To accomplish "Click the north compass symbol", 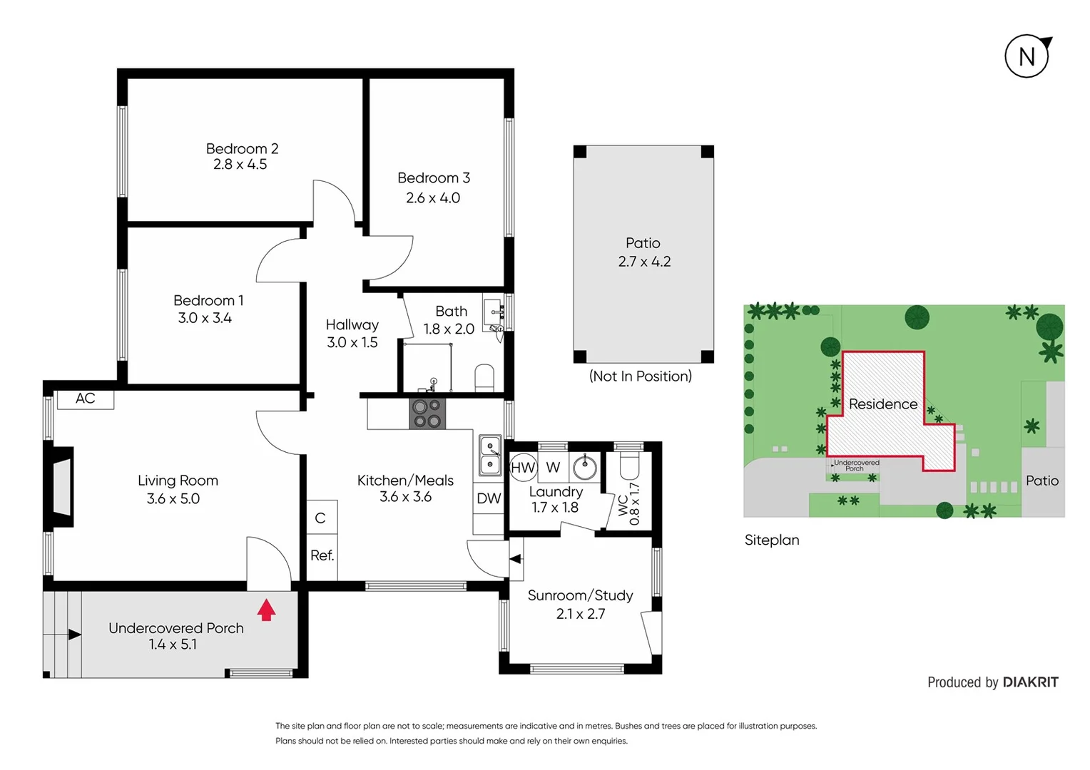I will tap(1027, 56).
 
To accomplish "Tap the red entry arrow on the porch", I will tap(266, 610).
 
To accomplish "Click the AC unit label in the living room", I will tap(86, 399).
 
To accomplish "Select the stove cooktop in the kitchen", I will tap(427, 414).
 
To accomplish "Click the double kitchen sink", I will tap(490, 455).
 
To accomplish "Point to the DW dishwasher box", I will tap(489, 498).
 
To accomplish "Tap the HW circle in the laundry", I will tap(523, 468).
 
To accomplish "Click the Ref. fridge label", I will tap(322, 555).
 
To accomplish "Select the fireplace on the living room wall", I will tap(61, 487).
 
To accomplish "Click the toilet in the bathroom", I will tap(484, 379).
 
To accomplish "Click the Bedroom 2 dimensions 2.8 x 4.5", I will tap(240, 165).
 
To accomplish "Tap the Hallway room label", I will tap(352, 325).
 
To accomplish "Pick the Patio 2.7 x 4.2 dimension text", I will tap(644, 262).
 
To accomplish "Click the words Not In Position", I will tap(640, 376).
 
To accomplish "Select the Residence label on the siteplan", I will tap(882, 404).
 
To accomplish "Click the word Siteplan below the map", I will tap(771, 540).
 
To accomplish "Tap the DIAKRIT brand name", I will tap(1030, 682).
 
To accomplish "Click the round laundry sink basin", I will tap(585, 468).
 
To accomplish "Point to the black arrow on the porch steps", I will tap(74, 635).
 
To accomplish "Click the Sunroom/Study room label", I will tap(580, 595).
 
